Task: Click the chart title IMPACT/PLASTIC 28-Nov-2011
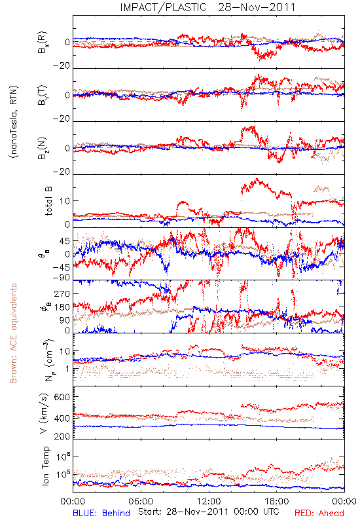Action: [207, 7]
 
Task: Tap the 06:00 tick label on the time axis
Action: [141, 501]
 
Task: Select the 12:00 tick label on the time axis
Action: [209, 501]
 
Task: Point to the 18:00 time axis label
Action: [277, 501]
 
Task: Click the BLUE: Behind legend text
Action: [101, 513]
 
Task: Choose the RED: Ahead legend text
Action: [319, 513]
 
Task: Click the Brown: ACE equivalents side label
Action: [13, 333]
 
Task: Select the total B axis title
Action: [48, 201]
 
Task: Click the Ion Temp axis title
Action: [45, 466]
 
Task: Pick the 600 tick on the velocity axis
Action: [62, 398]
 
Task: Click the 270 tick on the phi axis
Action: [62, 294]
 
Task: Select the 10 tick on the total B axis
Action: [65, 201]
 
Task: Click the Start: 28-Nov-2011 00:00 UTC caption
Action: [208, 512]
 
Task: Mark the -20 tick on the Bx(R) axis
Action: [61, 66]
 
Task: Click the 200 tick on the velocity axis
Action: [62, 436]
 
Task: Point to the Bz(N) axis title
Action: [43, 148]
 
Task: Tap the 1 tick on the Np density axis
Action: [68, 369]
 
